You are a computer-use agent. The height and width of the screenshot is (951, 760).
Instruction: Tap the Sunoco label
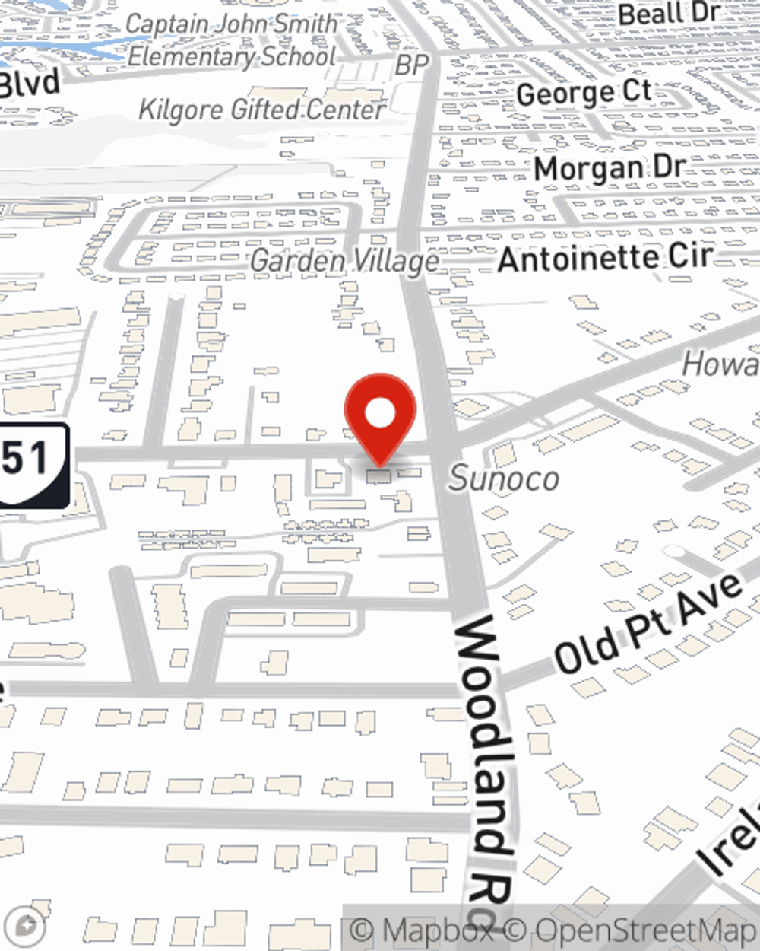[504, 479]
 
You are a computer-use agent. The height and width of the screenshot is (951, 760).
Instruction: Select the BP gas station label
[412, 65]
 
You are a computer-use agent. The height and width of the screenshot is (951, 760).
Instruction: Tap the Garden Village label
[344, 262]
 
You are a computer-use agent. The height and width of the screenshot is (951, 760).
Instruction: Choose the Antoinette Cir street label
[605, 258]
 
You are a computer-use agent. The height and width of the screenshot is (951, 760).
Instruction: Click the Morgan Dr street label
[610, 167]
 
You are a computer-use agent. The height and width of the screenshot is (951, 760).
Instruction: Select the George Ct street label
[584, 93]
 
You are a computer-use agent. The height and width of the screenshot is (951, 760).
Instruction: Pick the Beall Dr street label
[668, 14]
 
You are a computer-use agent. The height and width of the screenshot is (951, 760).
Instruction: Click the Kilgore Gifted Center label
[261, 110]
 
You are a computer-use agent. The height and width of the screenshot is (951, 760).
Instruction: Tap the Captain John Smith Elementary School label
[231, 40]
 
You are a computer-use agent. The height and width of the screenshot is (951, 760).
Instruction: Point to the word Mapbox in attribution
[437, 930]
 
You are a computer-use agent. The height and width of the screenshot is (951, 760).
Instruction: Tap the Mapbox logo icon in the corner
[27, 927]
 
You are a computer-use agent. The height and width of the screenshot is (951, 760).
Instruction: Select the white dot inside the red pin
[380, 413]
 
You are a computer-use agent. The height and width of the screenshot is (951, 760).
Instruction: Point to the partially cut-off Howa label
[720, 364]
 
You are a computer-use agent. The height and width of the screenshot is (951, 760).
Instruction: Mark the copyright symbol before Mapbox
[363, 930]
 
